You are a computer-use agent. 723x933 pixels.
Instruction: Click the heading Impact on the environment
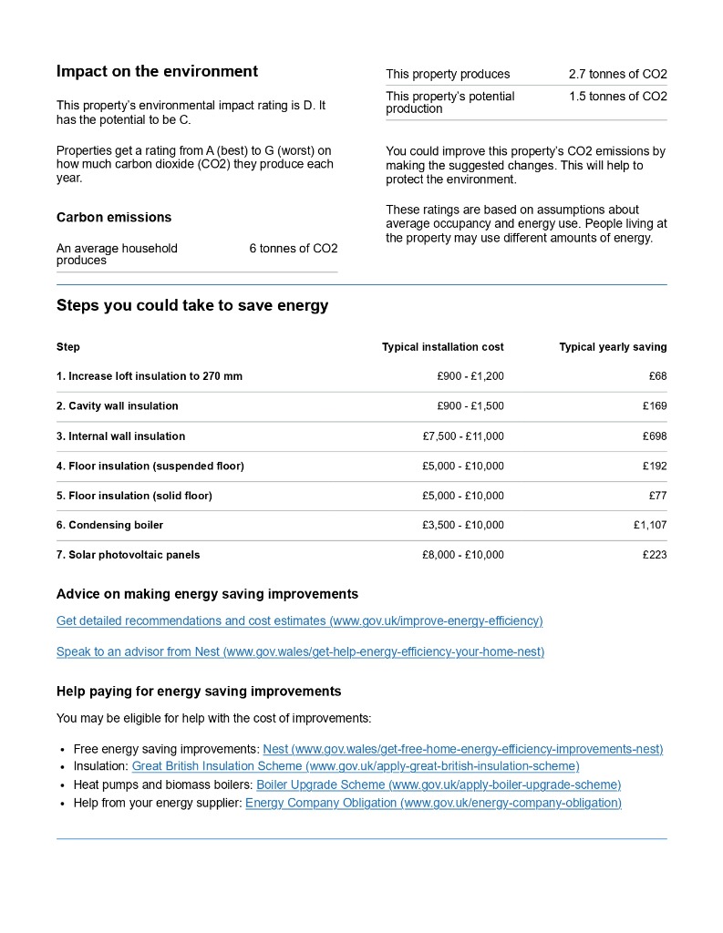[x=157, y=72]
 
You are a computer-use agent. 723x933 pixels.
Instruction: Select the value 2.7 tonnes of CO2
[x=617, y=74]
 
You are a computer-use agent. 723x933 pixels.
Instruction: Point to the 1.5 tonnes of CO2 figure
[x=617, y=97]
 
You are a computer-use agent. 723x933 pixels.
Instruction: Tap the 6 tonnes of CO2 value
[x=293, y=249]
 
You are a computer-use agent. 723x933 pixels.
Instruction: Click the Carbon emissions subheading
[x=114, y=218]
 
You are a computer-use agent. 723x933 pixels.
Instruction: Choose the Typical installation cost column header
[x=442, y=347]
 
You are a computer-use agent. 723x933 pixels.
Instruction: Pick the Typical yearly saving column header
[x=613, y=347]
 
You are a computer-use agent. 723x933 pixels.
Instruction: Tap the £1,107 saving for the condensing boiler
[x=650, y=525]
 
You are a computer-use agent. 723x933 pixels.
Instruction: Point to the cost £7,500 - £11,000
[x=463, y=436]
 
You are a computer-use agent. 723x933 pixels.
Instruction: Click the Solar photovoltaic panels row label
[x=128, y=555]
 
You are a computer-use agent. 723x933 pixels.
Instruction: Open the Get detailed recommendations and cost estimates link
[x=299, y=621]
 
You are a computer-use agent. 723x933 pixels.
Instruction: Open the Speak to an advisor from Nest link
[x=300, y=652]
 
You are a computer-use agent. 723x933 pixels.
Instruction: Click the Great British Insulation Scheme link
[x=356, y=767]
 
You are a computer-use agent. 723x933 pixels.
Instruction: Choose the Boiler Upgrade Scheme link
[x=439, y=785]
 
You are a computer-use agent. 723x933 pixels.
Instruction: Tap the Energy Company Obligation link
[x=433, y=804]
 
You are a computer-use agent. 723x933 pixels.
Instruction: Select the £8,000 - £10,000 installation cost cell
[x=463, y=555]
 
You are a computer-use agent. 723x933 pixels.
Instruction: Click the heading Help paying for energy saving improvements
[x=199, y=692]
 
